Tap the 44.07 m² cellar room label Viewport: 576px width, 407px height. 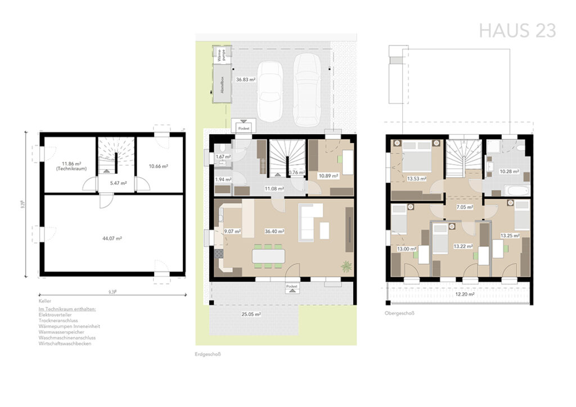tap(112, 238)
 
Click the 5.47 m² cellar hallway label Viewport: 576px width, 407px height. tap(118, 183)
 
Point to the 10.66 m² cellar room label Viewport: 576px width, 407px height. tap(159, 166)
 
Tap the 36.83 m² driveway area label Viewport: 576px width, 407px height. tap(246, 80)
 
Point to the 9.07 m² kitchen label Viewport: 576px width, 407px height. tap(232, 231)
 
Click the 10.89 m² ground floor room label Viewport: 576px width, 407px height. tap(328, 176)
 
